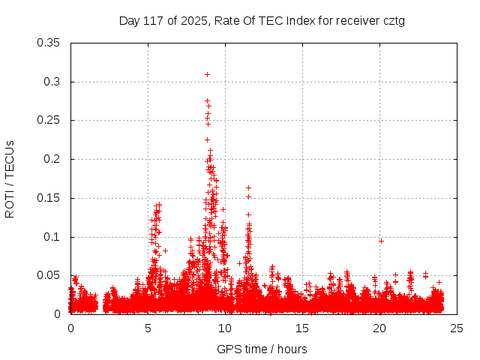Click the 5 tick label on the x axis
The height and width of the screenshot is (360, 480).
[x=148, y=328]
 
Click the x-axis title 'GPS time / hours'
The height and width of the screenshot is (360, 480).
[x=262, y=349]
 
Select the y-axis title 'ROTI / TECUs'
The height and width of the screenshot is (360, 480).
[x=10, y=178]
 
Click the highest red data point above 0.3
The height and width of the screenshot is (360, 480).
[x=207, y=74]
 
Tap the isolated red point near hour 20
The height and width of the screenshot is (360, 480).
[x=382, y=241]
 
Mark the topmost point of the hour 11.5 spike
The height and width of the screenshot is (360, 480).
[x=248, y=187]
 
